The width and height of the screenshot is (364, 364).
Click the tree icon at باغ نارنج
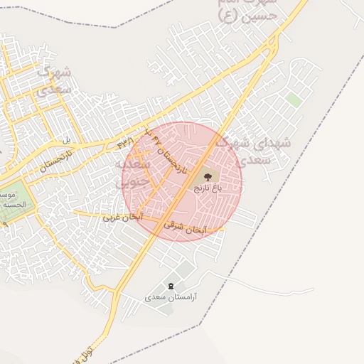(207, 176)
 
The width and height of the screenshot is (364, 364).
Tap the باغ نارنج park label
(208, 188)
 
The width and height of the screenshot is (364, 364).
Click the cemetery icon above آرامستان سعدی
(170, 285)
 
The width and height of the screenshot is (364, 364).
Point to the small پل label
(67, 139)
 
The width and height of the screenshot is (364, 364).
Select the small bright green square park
(294, 100)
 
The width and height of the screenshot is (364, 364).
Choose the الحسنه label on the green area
(14, 205)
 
